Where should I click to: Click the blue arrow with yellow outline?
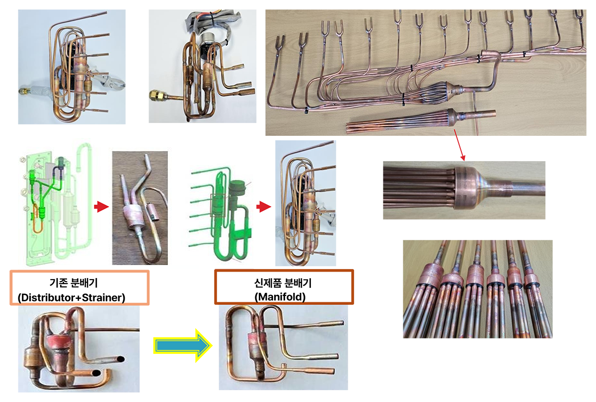click(183, 345)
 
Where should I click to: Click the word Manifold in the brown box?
click(280, 297)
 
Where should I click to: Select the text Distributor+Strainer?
click(72, 297)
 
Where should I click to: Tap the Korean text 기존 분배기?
click(74, 283)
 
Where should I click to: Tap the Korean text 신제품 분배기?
click(283, 283)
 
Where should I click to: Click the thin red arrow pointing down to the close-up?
click(459, 145)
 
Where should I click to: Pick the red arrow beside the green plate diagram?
click(101, 207)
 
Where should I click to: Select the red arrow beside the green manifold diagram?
click(264, 207)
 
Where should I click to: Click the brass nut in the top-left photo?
click(23, 91)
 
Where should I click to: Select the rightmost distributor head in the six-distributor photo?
click(532, 278)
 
